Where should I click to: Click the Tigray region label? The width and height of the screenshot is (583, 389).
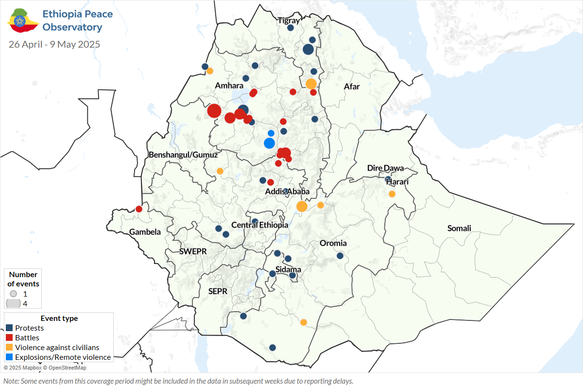click(289, 20)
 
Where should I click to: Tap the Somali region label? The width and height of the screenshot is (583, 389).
click(459, 228)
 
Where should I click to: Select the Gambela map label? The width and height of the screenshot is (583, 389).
click(145, 232)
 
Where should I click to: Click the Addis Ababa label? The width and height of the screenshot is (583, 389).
click(287, 192)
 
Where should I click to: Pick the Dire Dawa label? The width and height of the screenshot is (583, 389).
click(385, 168)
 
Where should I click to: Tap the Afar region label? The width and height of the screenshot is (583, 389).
click(352, 87)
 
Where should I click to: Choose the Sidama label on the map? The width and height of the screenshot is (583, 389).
click(288, 269)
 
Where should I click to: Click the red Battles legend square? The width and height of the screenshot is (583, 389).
click(9, 337)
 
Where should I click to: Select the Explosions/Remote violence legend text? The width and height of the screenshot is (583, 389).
click(63, 357)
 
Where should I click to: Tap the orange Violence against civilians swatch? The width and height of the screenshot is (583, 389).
click(9, 347)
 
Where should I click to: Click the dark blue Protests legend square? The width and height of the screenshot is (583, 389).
click(9, 328)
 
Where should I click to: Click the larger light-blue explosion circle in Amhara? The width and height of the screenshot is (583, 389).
click(269, 143)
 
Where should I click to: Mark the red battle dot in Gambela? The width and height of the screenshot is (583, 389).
click(139, 209)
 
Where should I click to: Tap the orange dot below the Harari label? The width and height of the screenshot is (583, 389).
click(392, 194)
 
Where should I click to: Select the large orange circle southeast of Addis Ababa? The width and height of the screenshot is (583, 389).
click(302, 206)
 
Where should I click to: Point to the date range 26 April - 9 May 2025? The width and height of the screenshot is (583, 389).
click(54, 44)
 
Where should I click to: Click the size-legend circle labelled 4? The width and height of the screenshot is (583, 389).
click(13, 303)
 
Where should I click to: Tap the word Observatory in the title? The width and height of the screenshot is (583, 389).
click(72, 27)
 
